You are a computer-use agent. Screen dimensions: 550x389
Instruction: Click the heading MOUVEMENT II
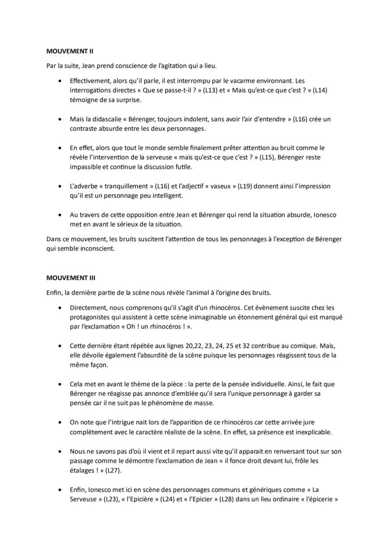67,50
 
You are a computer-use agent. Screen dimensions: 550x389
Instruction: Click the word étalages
83,470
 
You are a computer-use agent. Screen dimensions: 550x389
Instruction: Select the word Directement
88,308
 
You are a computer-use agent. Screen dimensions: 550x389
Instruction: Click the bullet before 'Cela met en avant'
59,385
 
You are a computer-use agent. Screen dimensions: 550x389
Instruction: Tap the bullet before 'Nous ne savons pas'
59,451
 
